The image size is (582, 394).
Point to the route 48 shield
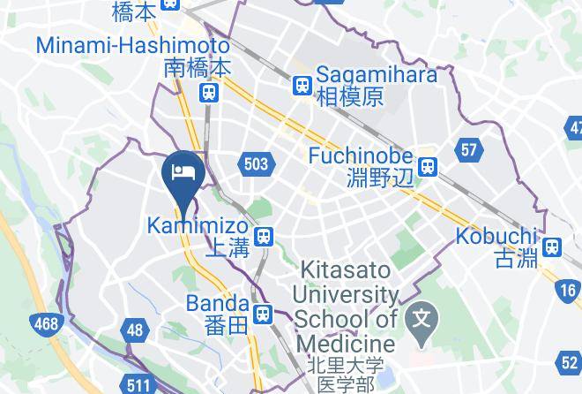[135, 330]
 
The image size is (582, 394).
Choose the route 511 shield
[138, 384]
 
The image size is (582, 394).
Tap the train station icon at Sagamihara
[302, 85]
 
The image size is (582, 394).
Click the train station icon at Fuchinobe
[429, 165]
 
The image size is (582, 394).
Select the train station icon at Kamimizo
[263, 236]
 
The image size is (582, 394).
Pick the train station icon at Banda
[262, 314]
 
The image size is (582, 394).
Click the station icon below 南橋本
[209, 92]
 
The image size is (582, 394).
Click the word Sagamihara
[377, 74]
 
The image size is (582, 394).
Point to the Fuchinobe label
[362, 155]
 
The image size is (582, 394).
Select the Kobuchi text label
[496, 236]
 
